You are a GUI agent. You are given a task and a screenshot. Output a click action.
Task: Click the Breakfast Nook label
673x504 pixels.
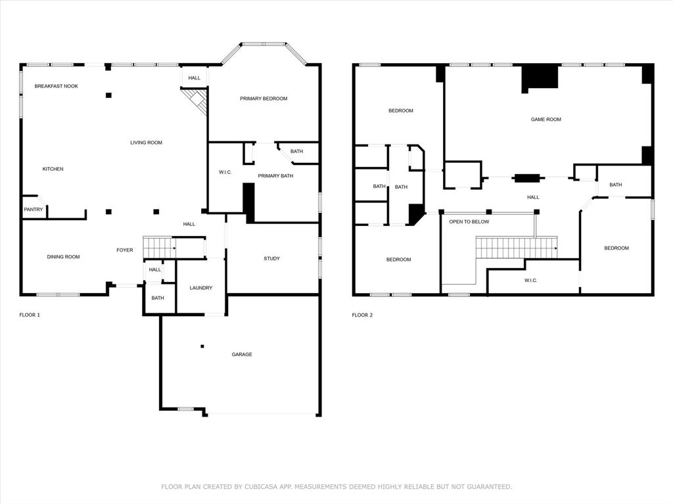pos(57,86)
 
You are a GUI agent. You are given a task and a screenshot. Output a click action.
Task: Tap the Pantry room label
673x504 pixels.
pos(34,210)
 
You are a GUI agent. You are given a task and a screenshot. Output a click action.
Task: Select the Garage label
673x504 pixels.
pos(242,355)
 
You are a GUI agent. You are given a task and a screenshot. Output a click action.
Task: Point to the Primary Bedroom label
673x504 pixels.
pos(264,99)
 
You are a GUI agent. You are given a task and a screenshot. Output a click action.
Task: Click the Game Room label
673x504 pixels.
pos(546,120)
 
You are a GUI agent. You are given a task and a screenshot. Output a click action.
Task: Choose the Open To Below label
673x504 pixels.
pos(469,222)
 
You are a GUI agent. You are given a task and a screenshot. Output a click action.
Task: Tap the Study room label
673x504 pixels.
pos(271,258)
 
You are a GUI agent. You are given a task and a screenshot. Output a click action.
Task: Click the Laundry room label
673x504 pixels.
pos(201,288)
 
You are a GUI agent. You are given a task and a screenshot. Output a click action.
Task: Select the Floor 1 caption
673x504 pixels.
pos(30,315)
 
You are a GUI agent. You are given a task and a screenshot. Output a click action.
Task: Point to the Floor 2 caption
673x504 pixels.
pos(362,315)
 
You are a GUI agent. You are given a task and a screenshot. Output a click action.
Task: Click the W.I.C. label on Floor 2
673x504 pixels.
pos(530,281)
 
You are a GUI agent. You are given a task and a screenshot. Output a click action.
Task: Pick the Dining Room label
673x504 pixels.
pos(64,257)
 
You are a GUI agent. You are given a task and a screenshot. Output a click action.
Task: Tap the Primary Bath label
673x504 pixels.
pos(275,176)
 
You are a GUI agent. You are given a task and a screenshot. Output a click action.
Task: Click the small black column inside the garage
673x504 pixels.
pos(202,346)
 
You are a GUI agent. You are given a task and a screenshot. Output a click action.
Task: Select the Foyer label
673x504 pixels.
pos(125,250)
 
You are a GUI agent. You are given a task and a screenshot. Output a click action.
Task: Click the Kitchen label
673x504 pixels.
pos(53,169)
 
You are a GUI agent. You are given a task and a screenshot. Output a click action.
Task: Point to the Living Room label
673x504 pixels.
pos(147,143)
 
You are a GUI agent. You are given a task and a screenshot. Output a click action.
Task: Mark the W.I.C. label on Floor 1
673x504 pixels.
pos(225,172)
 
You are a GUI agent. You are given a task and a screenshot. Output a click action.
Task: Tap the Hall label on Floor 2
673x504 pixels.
pos(533,198)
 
